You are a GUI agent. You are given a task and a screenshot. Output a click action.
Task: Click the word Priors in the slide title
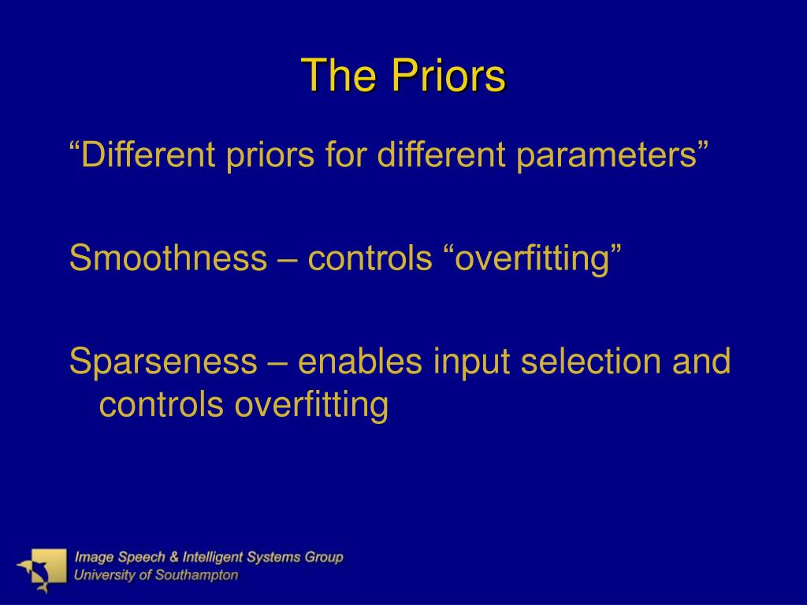(x=448, y=75)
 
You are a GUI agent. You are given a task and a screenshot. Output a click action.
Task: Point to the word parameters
(x=607, y=154)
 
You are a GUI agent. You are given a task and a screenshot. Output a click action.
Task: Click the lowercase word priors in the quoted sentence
(x=270, y=154)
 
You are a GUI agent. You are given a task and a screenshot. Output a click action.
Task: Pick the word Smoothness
(x=169, y=258)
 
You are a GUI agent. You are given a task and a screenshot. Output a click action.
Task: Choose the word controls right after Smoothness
(x=370, y=258)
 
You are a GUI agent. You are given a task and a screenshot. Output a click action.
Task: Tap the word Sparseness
(x=163, y=361)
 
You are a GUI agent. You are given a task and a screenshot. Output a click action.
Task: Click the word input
(x=471, y=362)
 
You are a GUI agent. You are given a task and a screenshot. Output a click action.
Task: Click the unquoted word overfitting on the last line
(x=311, y=405)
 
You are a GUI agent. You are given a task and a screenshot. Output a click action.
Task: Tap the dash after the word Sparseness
(x=277, y=362)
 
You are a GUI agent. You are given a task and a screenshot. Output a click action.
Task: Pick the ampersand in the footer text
(x=174, y=557)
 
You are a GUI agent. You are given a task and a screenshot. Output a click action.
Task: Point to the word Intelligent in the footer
(x=213, y=557)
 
